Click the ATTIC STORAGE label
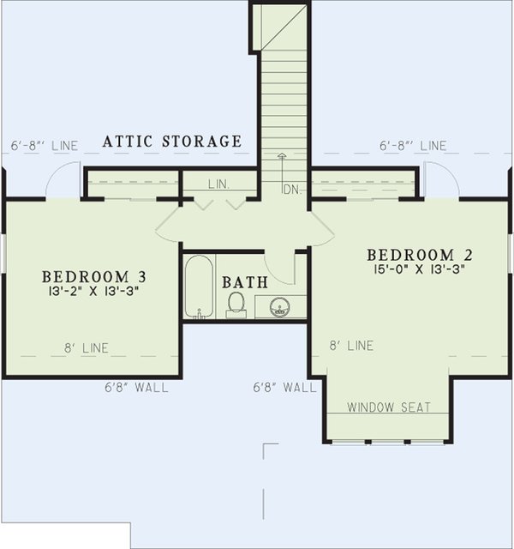point(172,142)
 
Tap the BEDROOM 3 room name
point(95,277)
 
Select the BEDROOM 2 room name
point(420,255)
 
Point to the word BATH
point(245,282)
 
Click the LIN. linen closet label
point(218,184)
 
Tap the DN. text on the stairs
point(293,190)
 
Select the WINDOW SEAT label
point(389,407)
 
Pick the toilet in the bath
point(236,303)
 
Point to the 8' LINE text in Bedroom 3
point(87,348)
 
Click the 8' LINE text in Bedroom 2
point(352,346)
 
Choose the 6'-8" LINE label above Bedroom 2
point(413,146)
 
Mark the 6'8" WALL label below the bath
point(285,388)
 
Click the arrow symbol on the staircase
point(282,159)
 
